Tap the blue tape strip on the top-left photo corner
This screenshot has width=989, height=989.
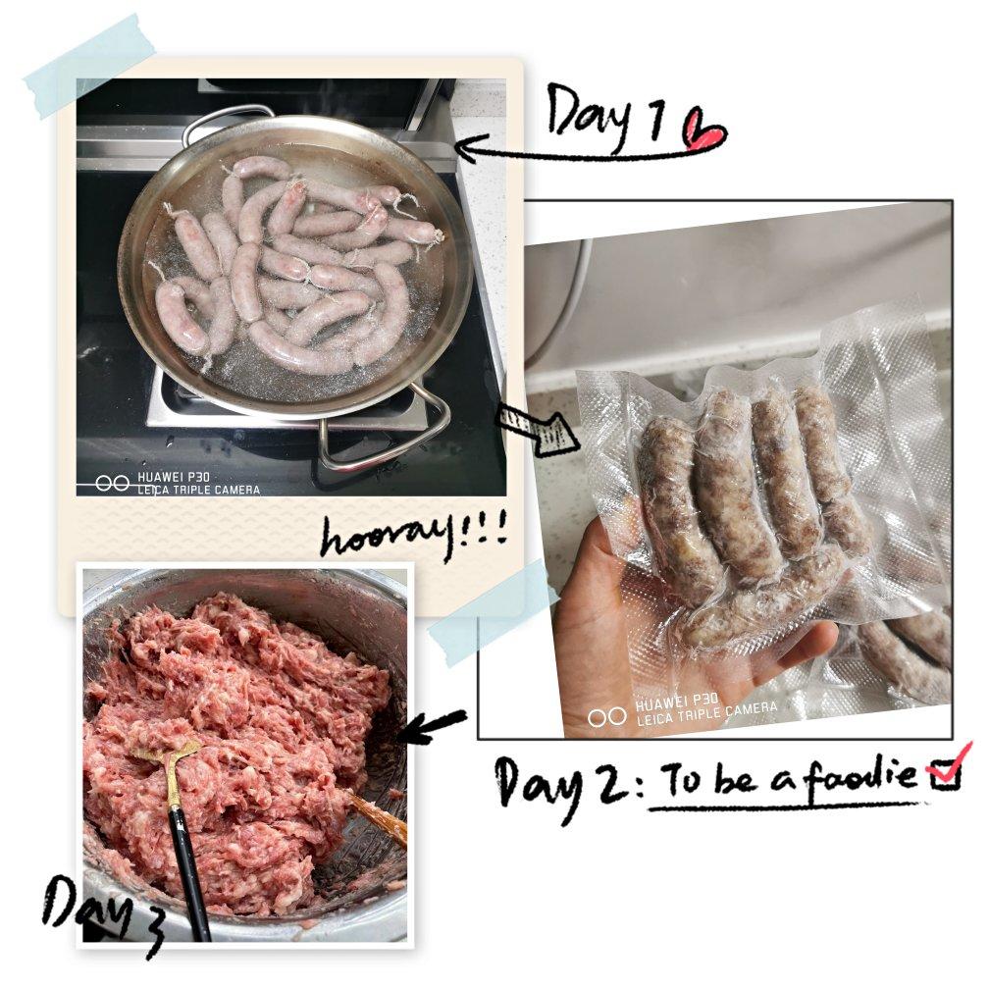(82, 67)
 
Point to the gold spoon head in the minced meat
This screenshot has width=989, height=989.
(167, 756)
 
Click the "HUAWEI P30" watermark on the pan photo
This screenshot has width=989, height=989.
(174, 478)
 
